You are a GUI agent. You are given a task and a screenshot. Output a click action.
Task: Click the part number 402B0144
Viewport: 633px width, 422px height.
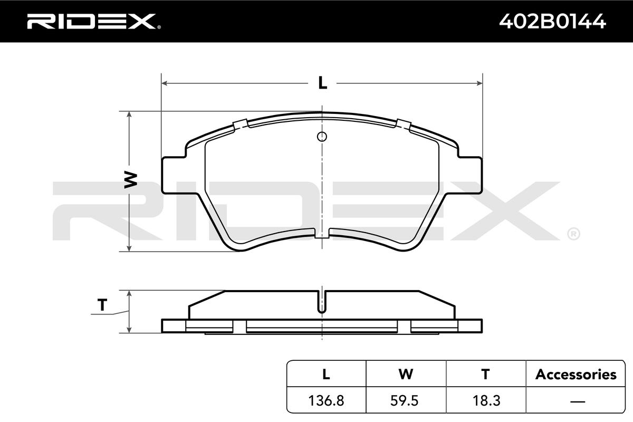tap(552, 22)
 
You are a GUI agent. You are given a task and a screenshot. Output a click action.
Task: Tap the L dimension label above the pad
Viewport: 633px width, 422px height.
tap(322, 83)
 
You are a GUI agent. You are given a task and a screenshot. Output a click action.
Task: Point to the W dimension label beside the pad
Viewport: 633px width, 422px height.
tap(131, 179)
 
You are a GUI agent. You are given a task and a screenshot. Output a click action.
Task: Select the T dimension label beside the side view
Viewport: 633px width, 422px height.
tap(102, 305)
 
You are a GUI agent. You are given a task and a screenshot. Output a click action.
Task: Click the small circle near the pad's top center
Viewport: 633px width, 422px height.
tap(322, 137)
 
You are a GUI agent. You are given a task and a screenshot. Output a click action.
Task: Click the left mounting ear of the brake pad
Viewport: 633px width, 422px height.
tap(174, 175)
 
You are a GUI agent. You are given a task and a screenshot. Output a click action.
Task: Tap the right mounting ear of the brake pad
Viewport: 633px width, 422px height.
tap(470, 175)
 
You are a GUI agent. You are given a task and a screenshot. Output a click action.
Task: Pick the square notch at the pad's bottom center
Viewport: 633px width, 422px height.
tap(322, 233)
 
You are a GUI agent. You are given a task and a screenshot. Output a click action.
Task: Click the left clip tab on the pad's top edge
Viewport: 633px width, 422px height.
tap(241, 124)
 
